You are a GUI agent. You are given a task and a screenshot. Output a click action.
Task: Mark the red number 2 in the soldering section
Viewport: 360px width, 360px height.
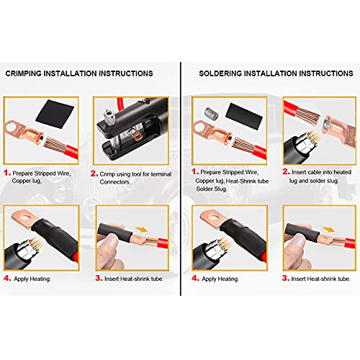pyautogui.click(x=285, y=172)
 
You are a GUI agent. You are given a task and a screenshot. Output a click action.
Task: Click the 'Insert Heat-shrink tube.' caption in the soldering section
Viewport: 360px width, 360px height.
pyautogui.click(x=320, y=278)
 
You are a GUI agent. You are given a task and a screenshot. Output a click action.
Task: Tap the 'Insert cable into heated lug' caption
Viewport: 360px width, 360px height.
pyautogui.click(x=320, y=173)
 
